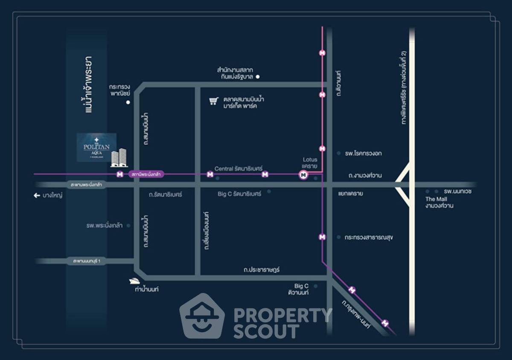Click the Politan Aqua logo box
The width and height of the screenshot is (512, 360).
pyautogui.click(x=96, y=147)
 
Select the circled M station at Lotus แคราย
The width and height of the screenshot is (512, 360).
pyautogui.click(x=303, y=174)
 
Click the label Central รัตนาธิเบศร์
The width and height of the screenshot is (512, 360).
pyautogui.click(x=239, y=169)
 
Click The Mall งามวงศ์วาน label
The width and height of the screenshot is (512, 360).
pyautogui.click(x=439, y=202)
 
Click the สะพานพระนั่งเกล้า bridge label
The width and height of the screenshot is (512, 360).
pyautogui.click(x=87, y=185)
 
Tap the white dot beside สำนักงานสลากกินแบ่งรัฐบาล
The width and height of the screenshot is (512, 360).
pyautogui.click(x=258, y=77)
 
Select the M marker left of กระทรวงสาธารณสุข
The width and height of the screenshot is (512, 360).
pyautogui.click(x=323, y=237)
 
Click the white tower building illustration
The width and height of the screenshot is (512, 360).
pyautogui.click(x=119, y=158)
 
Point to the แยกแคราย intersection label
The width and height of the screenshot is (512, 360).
pyautogui.click(x=350, y=193)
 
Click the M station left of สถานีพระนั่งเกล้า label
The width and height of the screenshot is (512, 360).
pyautogui.click(x=120, y=174)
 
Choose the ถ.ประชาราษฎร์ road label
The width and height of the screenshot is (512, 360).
pyautogui.click(x=262, y=270)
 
